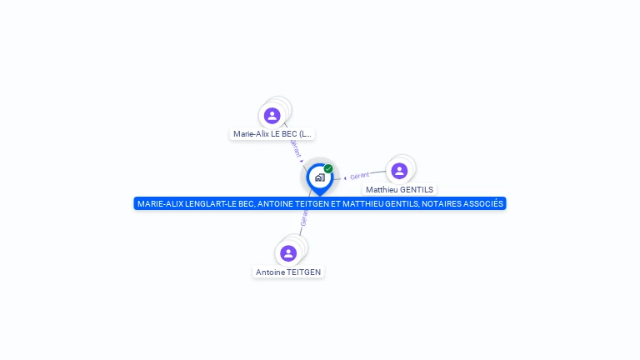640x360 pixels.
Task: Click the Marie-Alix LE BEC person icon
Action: point(272,116)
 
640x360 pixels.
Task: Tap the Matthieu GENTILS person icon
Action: point(399,171)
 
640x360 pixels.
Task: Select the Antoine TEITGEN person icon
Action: point(288,253)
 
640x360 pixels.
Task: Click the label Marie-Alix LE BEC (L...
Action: point(272,133)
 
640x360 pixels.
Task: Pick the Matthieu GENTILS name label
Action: point(399,190)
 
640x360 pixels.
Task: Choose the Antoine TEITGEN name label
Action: point(288,272)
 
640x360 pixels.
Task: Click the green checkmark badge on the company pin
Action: point(328,168)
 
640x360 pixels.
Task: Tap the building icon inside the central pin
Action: point(319,177)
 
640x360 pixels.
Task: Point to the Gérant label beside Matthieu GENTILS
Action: point(359,176)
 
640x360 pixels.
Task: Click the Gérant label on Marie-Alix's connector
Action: point(295,147)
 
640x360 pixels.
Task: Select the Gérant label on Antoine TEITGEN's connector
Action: point(304,218)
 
